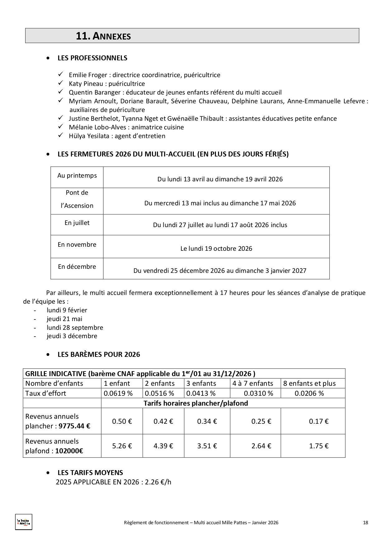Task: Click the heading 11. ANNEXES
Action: coord(103,36)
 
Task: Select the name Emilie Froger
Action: coord(84,75)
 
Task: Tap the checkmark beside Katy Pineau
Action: coord(60,83)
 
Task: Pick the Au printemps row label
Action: coord(77,176)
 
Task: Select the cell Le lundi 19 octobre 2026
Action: coord(216,249)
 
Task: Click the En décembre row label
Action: coord(77,267)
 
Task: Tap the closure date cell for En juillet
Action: coord(220,225)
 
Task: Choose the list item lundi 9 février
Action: coord(67,310)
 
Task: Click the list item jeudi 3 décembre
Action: coord(72,336)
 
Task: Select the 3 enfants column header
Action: coord(201,383)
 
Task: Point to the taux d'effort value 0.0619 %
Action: coord(118,393)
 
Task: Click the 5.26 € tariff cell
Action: coord(122,446)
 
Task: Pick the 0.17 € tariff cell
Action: coord(318,421)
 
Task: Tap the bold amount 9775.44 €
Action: coord(74,426)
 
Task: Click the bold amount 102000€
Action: coord(69,451)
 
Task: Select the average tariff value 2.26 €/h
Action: coord(158,482)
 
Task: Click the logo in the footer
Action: coord(24,522)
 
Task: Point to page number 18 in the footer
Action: coord(365,523)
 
